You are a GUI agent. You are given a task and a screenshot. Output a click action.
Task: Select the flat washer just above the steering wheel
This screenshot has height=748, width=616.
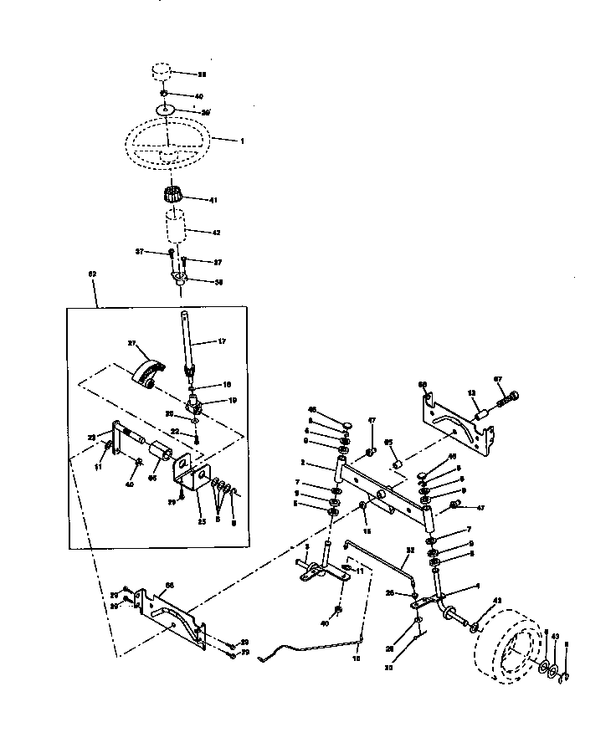(x=166, y=110)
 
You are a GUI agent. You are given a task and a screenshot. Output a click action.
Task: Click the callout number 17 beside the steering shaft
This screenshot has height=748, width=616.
(x=222, y=341)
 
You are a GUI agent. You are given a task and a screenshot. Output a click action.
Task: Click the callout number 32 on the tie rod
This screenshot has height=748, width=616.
(x=410, y=550)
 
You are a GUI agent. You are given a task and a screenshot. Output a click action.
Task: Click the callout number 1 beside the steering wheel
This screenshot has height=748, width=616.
(x=242, y=141)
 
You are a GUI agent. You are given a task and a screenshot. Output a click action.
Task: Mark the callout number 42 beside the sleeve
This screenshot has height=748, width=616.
(x=215, y=231)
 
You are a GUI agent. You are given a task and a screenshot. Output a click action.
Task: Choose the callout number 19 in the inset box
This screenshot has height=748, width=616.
(x=233, y=400)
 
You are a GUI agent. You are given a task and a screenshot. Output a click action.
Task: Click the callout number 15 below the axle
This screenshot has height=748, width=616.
(x=366, y=531)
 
